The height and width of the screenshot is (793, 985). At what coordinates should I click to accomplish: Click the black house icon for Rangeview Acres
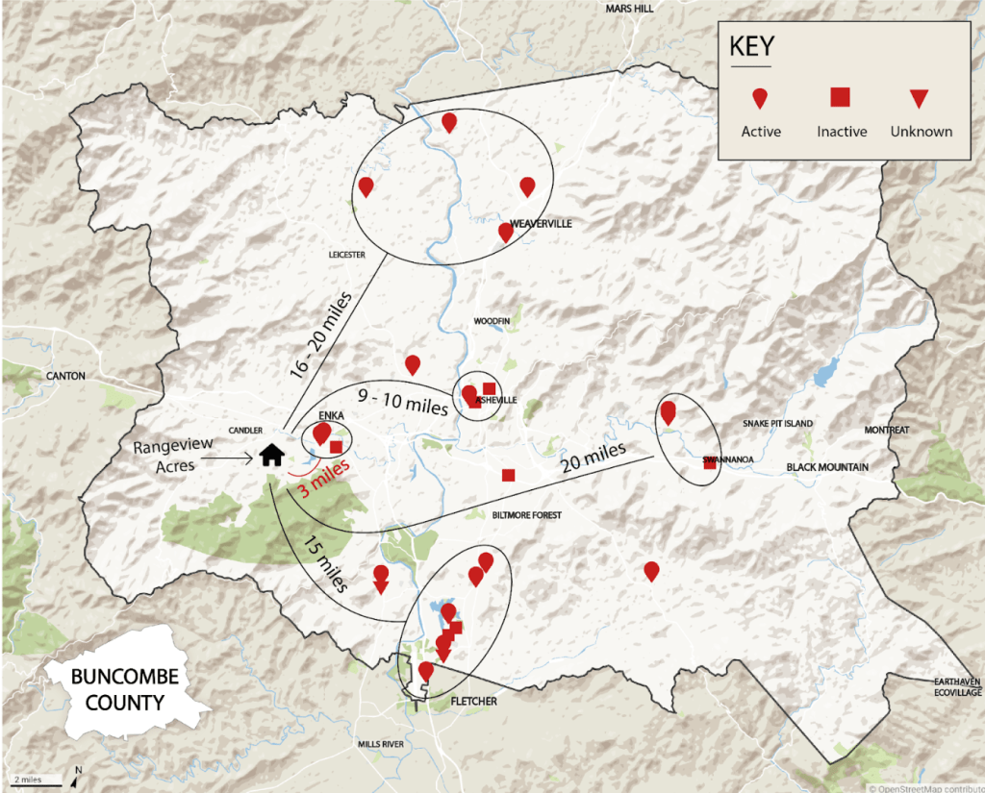(272, 454)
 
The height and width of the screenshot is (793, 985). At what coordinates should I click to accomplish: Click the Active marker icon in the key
(760, 98)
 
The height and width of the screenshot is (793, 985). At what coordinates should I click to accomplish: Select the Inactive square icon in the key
(841, 96)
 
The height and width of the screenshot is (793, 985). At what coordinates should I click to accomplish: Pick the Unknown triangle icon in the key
(920, 98)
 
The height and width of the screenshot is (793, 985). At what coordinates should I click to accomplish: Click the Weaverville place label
(541, 224)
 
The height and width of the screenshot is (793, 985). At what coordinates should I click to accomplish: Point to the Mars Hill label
(629, 9)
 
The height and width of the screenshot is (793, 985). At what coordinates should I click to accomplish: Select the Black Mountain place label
(827, 467)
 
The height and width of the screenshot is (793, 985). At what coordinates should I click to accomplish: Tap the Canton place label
(64, 376)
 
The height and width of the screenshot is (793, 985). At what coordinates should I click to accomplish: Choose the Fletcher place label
(474, 702)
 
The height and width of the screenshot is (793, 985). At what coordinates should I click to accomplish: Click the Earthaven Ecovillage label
(956, 685)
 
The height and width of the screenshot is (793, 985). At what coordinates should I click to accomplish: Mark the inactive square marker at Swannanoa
(709, 462)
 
